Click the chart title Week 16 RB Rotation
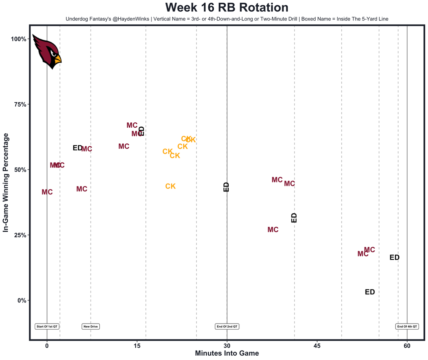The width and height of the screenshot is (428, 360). coord(227,8)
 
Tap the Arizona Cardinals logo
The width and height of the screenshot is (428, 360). coord(46,51)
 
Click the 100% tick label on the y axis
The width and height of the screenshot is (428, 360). coord(18,39)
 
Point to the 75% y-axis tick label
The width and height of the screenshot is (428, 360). coord(19,104)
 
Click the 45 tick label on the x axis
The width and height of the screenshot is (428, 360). coord(317,345)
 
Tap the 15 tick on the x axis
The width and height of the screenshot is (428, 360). coord(137,345)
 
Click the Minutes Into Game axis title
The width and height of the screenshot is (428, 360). coord(227,353)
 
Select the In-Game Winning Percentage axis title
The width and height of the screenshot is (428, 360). coord(6,183)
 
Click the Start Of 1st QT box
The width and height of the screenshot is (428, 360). coord(47,327)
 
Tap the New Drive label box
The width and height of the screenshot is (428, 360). coord(91,327)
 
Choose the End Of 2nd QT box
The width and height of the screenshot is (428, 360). coord(227,327)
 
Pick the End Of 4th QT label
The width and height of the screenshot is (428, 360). coord(407,327)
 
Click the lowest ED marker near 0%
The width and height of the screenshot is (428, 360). coord(370,292)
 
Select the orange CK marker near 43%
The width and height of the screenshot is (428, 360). coord(171,187)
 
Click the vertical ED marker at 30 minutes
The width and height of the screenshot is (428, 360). coord(226,187)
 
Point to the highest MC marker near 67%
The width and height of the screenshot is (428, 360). coord(132,126)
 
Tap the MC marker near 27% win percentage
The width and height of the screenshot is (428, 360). coord(273,230)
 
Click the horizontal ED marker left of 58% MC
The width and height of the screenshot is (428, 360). coord(77,148)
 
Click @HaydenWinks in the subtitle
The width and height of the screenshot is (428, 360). coord(130,19)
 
